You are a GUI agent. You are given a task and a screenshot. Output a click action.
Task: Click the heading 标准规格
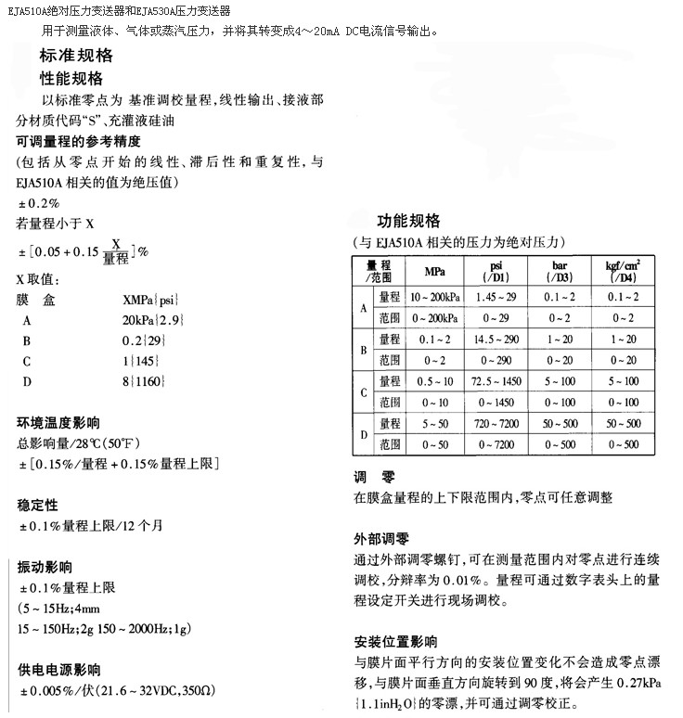75,56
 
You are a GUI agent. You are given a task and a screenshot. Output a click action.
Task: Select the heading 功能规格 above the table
408,221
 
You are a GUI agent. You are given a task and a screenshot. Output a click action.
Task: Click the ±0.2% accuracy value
40,203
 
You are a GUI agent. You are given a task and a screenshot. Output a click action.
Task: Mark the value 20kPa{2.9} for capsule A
153,320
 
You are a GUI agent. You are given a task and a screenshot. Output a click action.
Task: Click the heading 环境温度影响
58,422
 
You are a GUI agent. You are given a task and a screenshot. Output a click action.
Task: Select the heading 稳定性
38,505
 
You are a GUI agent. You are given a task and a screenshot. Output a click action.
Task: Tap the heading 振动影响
45,567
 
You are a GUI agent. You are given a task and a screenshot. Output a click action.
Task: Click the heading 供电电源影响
58,670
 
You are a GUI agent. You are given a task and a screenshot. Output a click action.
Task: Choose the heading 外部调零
381,539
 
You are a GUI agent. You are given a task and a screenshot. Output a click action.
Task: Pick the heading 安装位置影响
395,642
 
